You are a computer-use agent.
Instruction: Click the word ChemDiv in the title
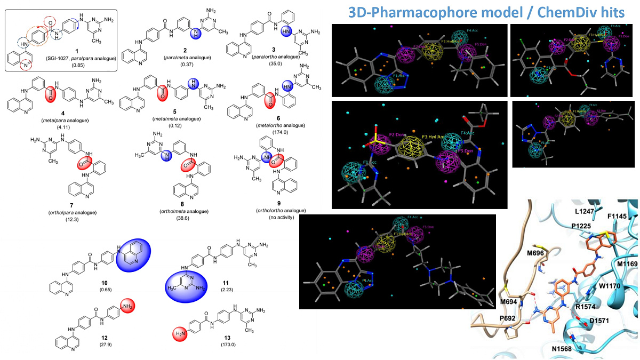pos(561,12)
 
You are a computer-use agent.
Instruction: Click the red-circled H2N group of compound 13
pos(181,335)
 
